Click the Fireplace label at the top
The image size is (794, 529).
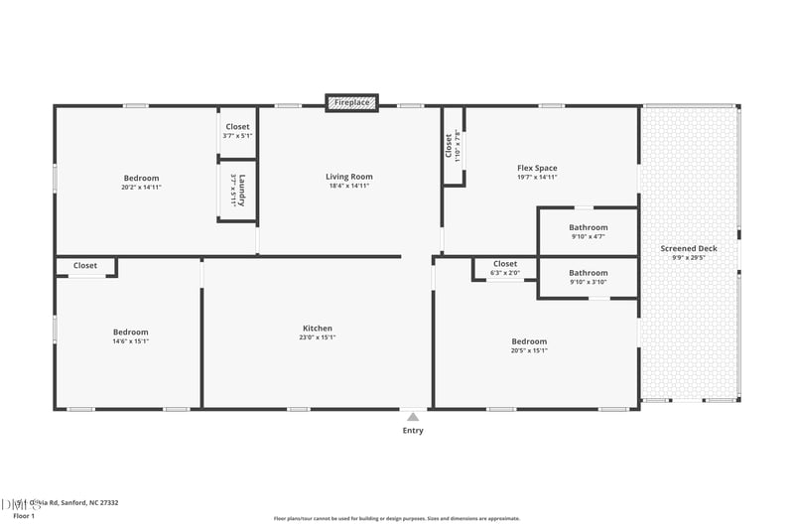[x=352, y=102]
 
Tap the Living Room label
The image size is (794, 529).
[x=349, y=177]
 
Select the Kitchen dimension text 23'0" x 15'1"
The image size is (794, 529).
[x=318, y=337]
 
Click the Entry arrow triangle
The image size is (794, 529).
[x=413, y=417]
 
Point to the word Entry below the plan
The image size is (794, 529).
[x=413, y=431]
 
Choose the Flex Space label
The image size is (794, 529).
[x=537, y=168]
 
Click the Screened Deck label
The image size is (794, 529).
[x=689, y=248]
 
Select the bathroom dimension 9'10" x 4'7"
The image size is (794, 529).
[x=589, y=237]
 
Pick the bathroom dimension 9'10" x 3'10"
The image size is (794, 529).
[x=589, y=282]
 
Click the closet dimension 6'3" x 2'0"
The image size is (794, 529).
[x=505, y=273]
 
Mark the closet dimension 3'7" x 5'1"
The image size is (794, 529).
[x=238, y=136]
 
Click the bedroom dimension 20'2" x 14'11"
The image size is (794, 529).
[x=141, y=187]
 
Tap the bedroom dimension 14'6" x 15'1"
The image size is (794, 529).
[x=130, y=341]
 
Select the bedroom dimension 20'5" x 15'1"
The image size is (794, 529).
[x=529, y=350]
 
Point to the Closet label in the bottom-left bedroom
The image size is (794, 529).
[x=85, y=266]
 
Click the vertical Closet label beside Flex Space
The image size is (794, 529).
[x=449, y=146]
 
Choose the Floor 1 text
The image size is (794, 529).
[x=24, y=516]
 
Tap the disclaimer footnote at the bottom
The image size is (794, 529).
[x=397, y=518]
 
